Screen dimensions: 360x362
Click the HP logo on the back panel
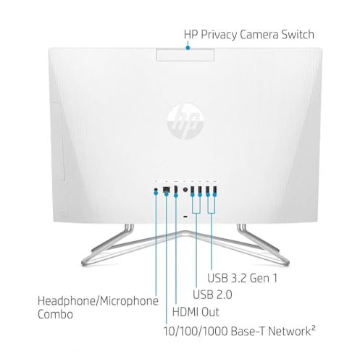coord(185,122)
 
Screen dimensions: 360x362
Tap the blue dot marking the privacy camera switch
coord(188,48)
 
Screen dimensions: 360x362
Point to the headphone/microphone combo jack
coord(156,190)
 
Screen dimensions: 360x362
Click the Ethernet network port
coord(166,190)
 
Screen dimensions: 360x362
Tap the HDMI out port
coord(176,190)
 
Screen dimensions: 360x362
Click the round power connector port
coord(185,190)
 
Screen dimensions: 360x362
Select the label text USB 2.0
coord(212,295)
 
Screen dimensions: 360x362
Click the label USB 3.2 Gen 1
coord(242,278)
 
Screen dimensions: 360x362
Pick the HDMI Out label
coord(196,312)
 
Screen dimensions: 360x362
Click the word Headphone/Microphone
coord(98,301)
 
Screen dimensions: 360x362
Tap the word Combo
coord(55,314)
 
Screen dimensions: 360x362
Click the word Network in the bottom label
coord(289,332)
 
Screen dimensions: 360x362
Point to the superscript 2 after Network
coord(313,328)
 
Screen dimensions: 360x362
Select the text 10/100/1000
coord(196,332)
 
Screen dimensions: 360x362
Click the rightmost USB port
coord(214,190)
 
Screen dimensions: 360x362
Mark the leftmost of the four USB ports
coord(193,190)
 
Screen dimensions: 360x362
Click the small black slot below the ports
coord(185,216)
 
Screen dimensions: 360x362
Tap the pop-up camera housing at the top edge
coord(185,54)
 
